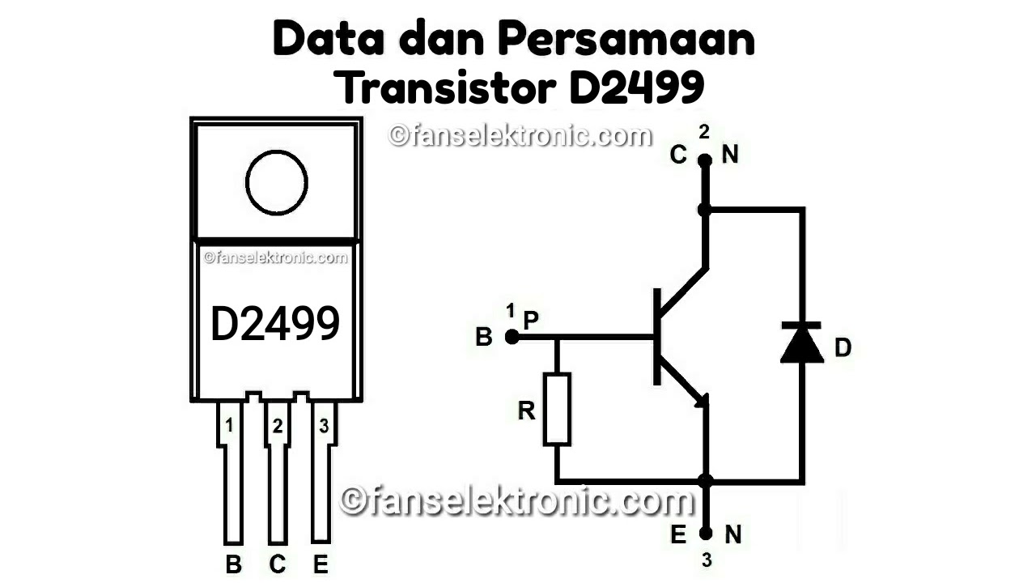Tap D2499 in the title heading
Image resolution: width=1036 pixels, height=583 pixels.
tap(636, 88)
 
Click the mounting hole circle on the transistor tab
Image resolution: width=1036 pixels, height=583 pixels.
tap(277, 183)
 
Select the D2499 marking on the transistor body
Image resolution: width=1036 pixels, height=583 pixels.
tap(275, 324)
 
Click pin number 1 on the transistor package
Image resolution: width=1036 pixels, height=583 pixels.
tap(230, 426)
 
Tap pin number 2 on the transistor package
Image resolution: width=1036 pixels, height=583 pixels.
tap(278, 426)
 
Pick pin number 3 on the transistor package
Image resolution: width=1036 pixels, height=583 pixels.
tap(323, 426)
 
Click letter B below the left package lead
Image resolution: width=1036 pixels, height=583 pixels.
tap(233, 564)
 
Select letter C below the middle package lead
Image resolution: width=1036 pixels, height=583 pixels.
tap(278, 564)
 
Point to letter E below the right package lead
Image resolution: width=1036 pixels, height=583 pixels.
tap(321, 564)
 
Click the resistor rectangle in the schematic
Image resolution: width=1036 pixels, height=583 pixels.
tap(557, 409)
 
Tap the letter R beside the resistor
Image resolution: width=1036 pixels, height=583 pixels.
tap(527, 411)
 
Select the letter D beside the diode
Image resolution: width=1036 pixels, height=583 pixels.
tap(843, 348)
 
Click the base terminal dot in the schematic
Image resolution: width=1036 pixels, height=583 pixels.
tap(512, 337)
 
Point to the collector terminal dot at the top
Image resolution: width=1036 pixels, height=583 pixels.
tap(705, 160)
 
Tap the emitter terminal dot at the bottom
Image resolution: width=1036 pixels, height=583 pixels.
tap(706, 534)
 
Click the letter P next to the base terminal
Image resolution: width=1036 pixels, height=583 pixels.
tap(531, 321)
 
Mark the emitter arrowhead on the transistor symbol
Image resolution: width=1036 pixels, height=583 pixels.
tap(701, 400)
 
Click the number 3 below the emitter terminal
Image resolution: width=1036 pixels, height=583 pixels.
tap(707, 560)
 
